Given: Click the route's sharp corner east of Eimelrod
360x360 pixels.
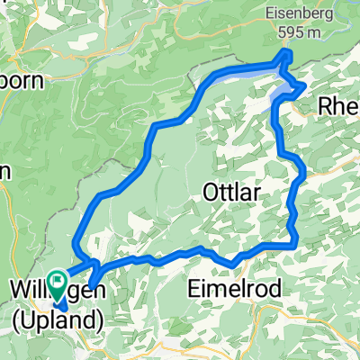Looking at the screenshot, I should click(x=294, y=241).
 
